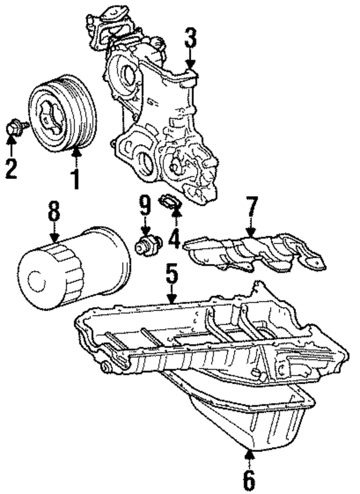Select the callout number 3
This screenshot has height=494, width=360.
[191, 39]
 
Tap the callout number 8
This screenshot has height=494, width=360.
[53, 214]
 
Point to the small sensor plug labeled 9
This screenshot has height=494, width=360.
[148, 245]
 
